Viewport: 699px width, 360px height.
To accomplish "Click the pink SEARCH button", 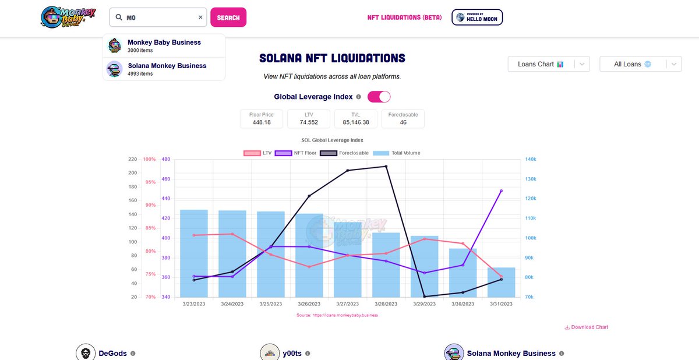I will tap(228, 17).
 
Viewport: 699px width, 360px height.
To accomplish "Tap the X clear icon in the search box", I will tap(200, 17).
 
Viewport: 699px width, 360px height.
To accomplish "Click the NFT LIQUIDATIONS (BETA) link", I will tap(404, 17).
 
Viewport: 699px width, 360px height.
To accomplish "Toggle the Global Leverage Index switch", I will tap(379, 97).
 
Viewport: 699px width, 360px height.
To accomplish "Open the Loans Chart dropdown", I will tap(548, 64).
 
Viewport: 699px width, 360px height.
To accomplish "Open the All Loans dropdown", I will tap(640, 64).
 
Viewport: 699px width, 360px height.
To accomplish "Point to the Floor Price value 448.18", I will tap(261, 122).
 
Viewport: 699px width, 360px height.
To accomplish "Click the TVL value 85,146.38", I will tap(356, 122).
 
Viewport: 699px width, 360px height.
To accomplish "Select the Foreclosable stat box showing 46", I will tap(403, 119).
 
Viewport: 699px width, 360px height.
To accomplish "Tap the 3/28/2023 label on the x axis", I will tap(386, 303).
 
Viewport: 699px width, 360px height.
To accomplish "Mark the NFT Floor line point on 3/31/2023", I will tap(501, 190).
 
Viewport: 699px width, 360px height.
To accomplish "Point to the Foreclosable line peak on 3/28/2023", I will tap(386, 167).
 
